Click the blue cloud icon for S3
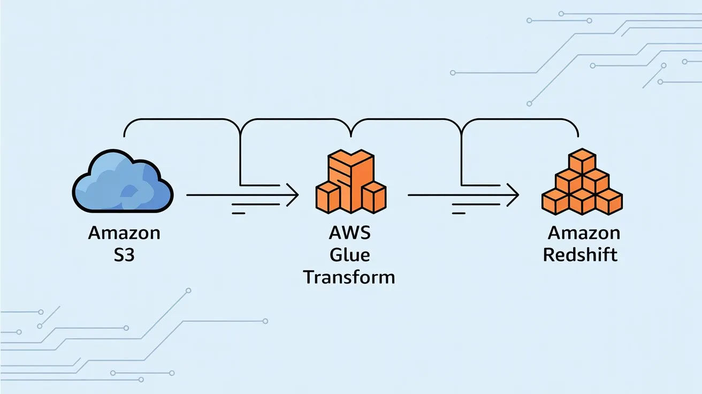click(123, 182)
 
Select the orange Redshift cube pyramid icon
click(582, 182)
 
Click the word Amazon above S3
click(124, 233)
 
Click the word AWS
click(350, 233)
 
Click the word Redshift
click(580, 254)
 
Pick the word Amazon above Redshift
click(584, 233)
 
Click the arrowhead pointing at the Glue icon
click(293, 195)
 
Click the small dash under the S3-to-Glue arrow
click(238, 213)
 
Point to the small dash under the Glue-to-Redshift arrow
click(459, 213)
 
